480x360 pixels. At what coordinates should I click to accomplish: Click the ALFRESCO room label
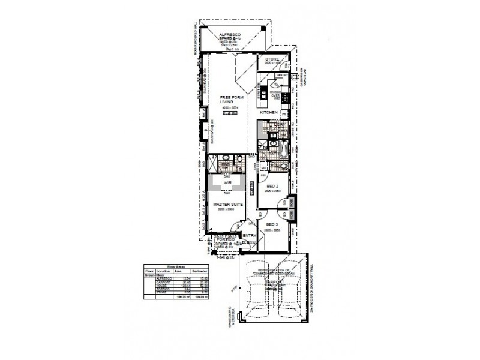pyautogui.click(x=230, y=35)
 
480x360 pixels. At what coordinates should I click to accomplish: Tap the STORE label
pyautogui.click(x=272, y=59)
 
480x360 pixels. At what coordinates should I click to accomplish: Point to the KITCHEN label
pyautogui.click(x=268, y=113)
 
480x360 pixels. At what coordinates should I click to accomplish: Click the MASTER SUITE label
pyautogui.click(x=227, y=205)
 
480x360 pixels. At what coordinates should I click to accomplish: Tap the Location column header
pyautogui.click(x=163, y=271)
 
